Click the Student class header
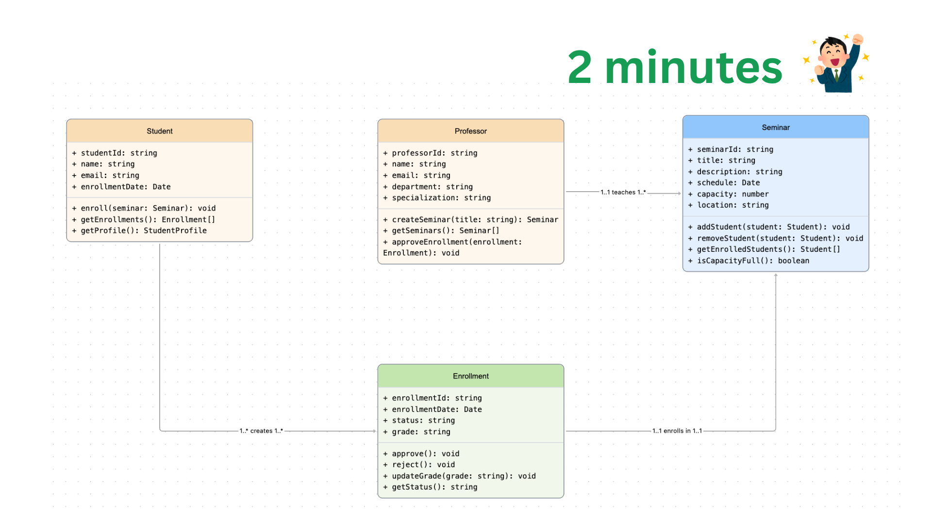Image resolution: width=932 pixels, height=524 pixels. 159,131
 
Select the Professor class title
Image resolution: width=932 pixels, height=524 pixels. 470,131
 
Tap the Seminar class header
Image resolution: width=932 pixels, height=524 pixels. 775,127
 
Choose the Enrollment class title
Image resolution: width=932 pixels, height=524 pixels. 470,376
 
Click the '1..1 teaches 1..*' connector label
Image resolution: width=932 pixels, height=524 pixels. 623,192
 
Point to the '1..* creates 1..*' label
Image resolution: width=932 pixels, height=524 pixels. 261,431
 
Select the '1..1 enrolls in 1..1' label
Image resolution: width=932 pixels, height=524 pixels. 677,431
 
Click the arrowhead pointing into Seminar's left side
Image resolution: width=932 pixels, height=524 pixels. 679,193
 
